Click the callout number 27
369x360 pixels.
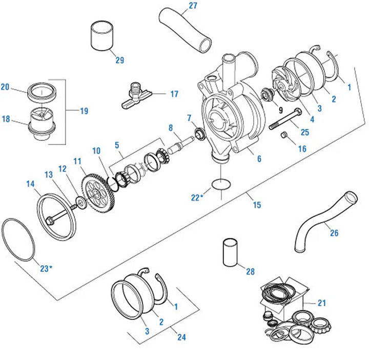[193, 6]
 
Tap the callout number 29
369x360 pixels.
[119, 60]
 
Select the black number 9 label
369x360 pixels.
[280, 110]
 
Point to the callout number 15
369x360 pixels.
[257, 205]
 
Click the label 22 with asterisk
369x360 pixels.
[197, 198]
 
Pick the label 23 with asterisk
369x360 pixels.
[46, 268]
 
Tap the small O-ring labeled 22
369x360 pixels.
[221, 184]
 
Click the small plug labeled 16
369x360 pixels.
[284, 135]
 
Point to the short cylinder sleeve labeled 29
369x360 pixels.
[101, 35]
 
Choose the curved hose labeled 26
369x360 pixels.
[324, 222]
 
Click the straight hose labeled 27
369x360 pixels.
[185, 30]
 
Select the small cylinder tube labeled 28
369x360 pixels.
[230, 253]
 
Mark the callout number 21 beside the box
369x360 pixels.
[322, 303]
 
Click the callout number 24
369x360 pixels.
[181, 337]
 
